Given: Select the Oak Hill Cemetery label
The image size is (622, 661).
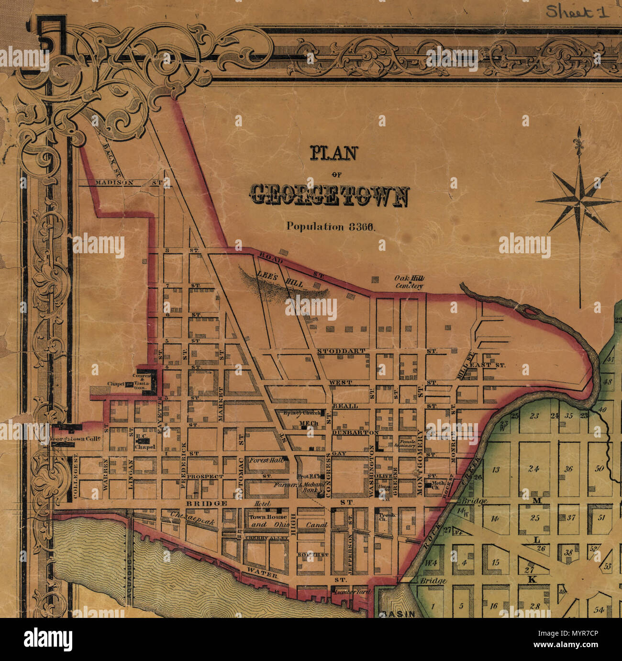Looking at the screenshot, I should [x=409, y=282].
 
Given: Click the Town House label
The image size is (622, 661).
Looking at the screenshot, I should [x=267, y=517].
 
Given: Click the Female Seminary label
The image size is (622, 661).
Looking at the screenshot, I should [x=408, y=443].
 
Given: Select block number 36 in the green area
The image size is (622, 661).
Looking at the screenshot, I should [x=568, y=469].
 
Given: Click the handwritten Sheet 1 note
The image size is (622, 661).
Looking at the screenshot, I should [x=578, y=12].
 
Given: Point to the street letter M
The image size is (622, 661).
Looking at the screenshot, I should [x=536, y=501].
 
